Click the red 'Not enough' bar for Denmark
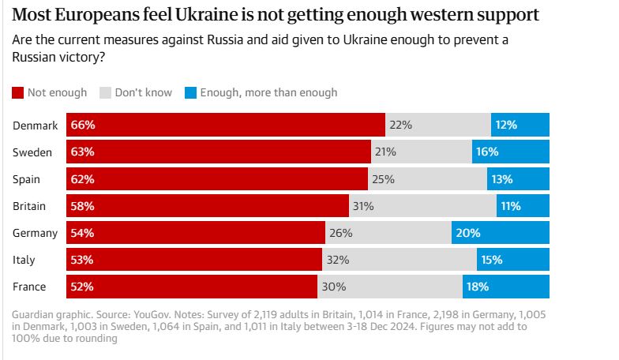click(226, 125)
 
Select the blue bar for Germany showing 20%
click(501, 233)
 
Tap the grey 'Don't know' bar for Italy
click(399, 260)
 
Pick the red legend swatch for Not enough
click(18, 92)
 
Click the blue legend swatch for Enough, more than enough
click(189, 92)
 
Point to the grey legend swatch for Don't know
click(105, 92)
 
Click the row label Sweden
click(32, 152)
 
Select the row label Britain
click(30, 206)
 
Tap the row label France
click(30, 287)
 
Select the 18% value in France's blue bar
click(478, 287)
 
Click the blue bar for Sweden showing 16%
click(511, 152)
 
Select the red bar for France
click(191, 287)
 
